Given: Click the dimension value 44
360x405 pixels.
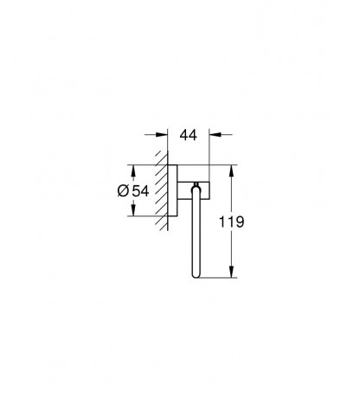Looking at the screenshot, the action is click(189, 135).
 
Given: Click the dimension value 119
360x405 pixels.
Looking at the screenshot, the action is click(232, 222).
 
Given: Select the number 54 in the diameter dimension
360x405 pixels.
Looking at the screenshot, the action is click(140, 191).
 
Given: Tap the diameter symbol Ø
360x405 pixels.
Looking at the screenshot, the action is click(123, 191).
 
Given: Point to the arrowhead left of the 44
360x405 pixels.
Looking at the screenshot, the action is click(162, 134).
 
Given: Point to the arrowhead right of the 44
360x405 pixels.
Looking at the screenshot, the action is click(215, 134).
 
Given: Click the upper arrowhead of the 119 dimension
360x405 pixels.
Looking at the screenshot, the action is click(231, 171).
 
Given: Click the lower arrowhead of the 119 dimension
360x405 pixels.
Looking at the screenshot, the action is click(231, 272).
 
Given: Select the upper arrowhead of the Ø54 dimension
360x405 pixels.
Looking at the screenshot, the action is click(133, 171).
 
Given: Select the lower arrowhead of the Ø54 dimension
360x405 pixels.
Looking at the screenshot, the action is click(133, 209).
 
